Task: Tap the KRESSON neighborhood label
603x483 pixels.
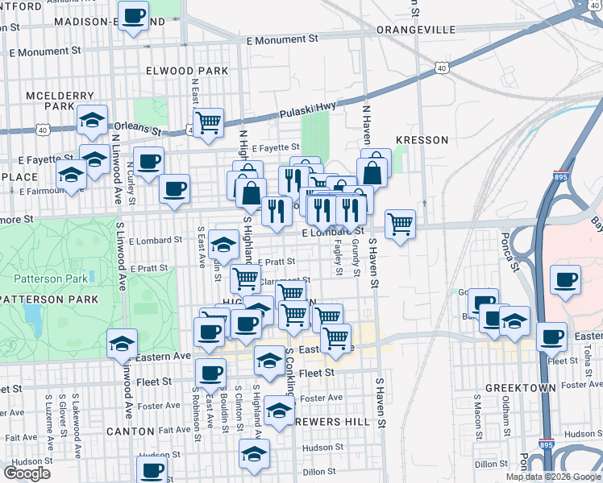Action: [422, 140]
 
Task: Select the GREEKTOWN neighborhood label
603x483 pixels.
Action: [521, 388]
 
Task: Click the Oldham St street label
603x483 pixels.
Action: [506, 411]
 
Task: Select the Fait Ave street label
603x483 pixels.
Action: [174, 431]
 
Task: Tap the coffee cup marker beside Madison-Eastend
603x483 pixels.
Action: [133, 16]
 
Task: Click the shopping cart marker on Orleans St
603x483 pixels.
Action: [208, 123]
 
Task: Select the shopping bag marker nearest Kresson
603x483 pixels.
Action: [376, 171]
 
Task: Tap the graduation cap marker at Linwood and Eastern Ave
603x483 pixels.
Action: [122, 344]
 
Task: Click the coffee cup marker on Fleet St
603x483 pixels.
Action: [211, 373]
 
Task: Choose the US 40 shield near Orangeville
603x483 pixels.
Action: [441, 68]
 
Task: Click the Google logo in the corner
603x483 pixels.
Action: [27, 473]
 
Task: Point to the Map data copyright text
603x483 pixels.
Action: [553, 477]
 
